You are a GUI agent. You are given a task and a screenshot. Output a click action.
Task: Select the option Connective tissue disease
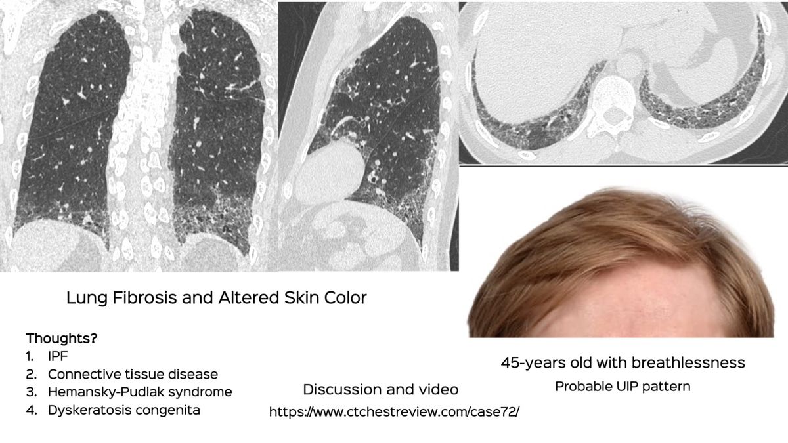[x=132, y=375]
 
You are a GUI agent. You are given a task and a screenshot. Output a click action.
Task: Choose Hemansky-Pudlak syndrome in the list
[x=139, y=392]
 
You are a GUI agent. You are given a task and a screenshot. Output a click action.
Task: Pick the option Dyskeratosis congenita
[x=123, y=410]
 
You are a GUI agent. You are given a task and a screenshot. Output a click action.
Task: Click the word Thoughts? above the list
[x=62, y=339]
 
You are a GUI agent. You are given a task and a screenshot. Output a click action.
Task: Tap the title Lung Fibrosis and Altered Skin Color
[x=217, y=298]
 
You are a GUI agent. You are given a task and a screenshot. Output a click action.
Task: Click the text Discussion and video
[x=380, y=390]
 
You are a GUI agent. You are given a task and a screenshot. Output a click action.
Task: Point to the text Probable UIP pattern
[x=622, y=387]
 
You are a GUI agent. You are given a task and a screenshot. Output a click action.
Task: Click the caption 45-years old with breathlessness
[x=623, y=362]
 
